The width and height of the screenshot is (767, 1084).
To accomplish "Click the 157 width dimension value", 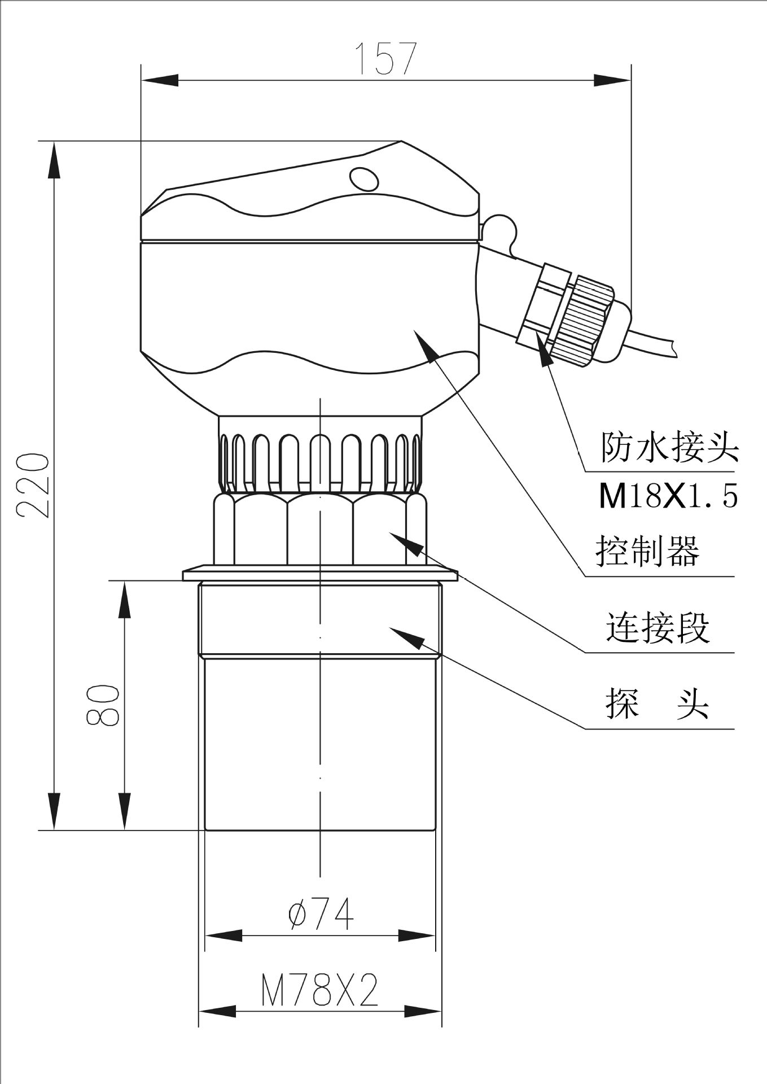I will click(385, 58).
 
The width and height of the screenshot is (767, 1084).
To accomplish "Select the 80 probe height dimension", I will click(103, 705).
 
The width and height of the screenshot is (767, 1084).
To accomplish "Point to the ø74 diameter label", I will click(321, 915).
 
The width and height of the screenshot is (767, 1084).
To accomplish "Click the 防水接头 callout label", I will click(669, 448).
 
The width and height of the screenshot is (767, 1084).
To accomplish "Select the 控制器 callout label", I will click(647, 550).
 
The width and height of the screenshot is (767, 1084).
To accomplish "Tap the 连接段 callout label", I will click(658, 627).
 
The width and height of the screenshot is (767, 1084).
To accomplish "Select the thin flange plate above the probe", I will click(319, 575).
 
